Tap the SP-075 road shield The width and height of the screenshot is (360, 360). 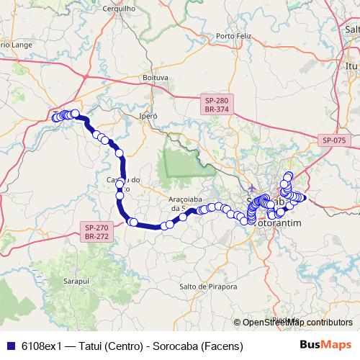[334, 140]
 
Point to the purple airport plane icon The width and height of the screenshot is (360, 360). [250, 179]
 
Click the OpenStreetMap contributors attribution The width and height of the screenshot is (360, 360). [297, 323]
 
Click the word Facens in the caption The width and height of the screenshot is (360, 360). [220, 346]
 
